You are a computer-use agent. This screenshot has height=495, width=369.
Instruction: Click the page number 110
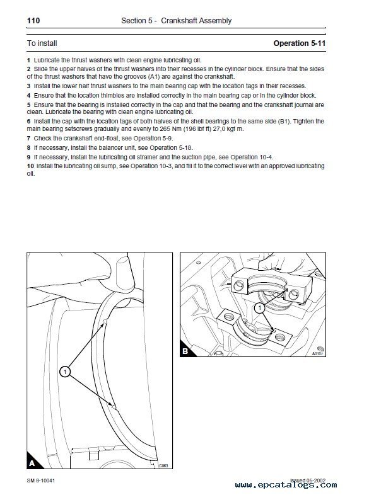click(x=33, y=21)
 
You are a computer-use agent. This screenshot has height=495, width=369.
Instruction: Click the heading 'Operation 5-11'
click(x=300, y=43)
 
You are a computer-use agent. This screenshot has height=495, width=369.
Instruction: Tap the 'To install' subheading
click(x=42, y=43)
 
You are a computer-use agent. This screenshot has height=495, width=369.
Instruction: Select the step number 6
click(x=29, y=121)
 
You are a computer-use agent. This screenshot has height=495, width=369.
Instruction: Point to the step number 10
click(x=30, y=166)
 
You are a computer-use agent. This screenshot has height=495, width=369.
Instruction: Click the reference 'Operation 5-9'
click(x=153, y=139)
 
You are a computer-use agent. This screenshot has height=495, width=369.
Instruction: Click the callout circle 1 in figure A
click(x=65, y=372)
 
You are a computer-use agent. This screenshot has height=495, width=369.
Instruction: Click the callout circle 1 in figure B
click(x=260, y=308)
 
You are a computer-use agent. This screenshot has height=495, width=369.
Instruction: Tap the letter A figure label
click(x=32, y=463)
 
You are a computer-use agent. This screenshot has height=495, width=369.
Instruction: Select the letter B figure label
click(x=185, y=351)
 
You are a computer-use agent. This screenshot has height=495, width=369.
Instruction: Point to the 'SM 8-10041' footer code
click(x=41, y=481)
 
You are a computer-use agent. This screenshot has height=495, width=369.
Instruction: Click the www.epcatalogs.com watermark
click(x=286, y=485)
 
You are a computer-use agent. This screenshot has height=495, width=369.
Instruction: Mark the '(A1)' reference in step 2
click(x=154, y=77)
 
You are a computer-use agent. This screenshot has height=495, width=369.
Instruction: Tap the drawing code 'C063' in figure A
click(x=163, y=465)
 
